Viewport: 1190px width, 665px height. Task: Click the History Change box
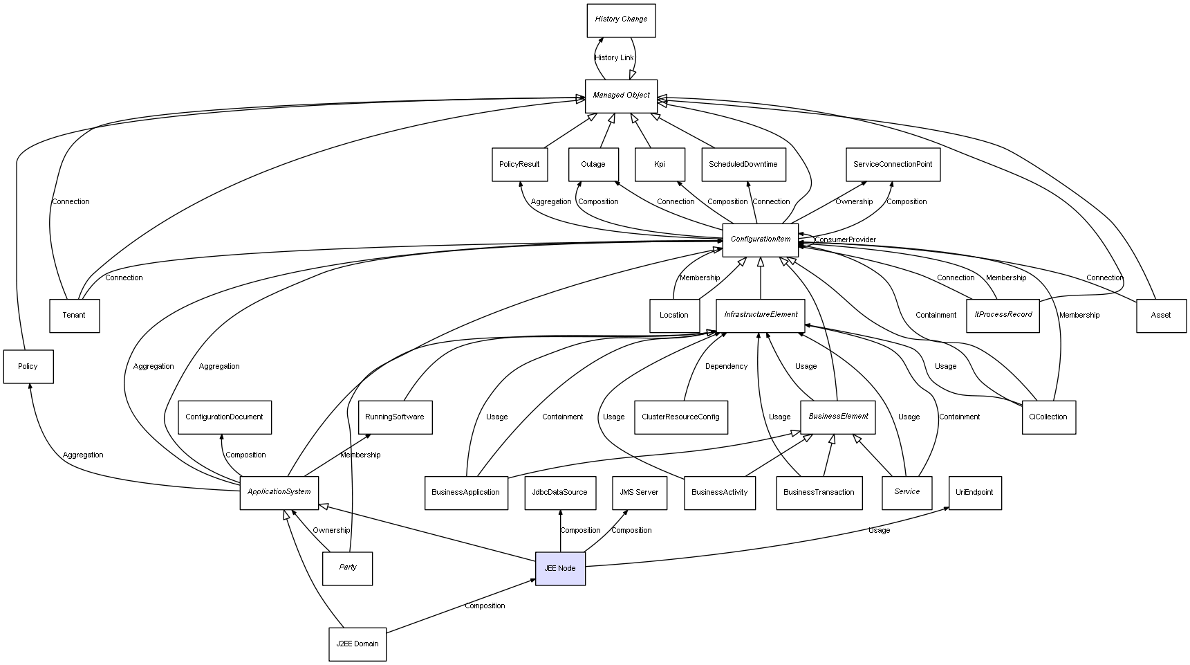(x=621, y=20)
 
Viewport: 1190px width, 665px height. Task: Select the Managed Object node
(x=621, y=95)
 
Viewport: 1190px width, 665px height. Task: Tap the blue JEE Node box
(x=560, y=568)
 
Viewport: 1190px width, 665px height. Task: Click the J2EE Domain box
(x=357, y=644)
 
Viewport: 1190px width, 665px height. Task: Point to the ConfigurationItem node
(x=760, y=239)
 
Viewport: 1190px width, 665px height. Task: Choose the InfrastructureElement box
(x=761, y=315)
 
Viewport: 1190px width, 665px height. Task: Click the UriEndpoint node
(x=974, y=493)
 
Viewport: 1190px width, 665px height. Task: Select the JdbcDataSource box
(x=559, y=493)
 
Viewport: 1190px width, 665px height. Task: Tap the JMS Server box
(x=639, y=493)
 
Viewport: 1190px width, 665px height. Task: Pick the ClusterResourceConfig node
(x=680, y=417)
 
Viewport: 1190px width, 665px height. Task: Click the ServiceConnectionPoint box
(x=892, y=165)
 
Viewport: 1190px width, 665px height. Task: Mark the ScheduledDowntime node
(x=743, y=165)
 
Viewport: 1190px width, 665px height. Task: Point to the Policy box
(x=28, y=367)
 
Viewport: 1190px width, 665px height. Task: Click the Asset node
(x=1161, y=316)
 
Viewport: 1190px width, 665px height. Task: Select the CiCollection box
(x=1048, y=417)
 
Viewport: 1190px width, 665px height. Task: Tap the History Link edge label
(x=614, y=58)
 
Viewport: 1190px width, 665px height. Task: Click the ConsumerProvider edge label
(x=845, y=240)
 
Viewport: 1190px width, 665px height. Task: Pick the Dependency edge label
(x=726, y=367)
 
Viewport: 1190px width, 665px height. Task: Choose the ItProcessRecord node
(x=1003, y=315)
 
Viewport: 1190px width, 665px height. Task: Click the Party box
(x=347, y=568)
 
